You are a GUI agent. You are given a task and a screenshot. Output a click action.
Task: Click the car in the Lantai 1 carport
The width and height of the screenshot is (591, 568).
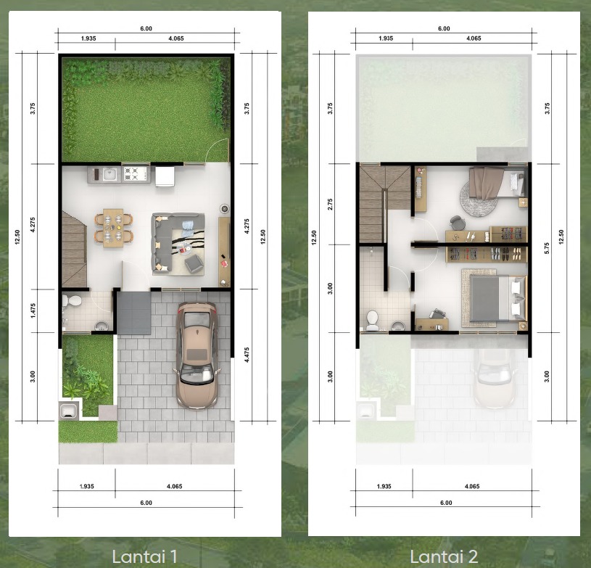tap(197, 355)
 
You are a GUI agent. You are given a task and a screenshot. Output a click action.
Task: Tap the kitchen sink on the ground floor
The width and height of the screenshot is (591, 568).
tap(109, 174)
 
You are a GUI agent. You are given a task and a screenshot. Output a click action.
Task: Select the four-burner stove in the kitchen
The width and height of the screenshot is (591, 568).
tap(136, 174)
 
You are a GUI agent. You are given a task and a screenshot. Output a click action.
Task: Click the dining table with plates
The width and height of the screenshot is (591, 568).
tap(113, 228)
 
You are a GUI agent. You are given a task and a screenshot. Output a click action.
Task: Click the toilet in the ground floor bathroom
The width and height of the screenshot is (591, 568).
tap(72, 301)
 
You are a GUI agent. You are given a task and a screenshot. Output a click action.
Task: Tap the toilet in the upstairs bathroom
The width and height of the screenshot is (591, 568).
tap(373, 320)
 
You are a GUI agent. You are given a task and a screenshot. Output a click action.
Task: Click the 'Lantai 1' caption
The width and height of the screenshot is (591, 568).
tap(144, 556)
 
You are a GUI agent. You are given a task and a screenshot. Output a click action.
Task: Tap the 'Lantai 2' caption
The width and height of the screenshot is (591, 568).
tap(444, 556)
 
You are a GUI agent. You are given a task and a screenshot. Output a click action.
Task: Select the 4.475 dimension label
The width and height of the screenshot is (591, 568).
tap(247, 355)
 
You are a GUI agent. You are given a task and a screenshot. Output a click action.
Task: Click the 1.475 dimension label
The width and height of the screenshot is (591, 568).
tap(33, 310)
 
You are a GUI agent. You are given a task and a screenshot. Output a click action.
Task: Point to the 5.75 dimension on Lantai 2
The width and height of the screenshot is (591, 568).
tap(547, 248)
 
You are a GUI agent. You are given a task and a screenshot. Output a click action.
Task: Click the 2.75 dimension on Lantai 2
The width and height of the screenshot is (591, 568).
tap(330, 204)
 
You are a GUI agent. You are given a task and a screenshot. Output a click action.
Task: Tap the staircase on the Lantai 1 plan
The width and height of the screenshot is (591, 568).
tap(74, 249)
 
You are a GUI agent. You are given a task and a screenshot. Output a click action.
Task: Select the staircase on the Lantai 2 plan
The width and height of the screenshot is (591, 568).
tap(384, 204)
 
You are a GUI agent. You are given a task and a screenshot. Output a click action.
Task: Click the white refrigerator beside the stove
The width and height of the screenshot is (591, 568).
tap(165, 176)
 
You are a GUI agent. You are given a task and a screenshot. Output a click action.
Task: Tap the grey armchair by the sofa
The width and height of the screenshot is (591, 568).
tap(194, 263)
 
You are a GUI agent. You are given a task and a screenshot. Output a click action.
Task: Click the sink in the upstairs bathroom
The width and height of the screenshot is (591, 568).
tap(398, 326)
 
